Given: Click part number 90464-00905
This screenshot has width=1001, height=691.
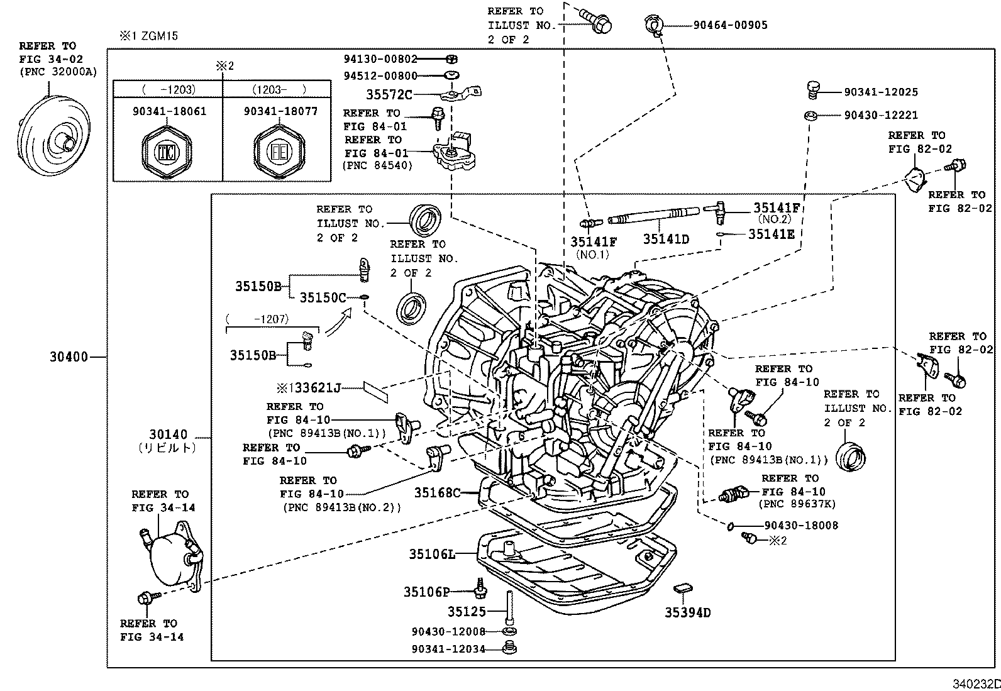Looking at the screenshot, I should tap(730, 25).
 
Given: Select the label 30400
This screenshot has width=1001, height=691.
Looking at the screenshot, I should tap(69, 357).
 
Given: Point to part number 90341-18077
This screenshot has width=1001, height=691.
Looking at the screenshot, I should tap(280, 111).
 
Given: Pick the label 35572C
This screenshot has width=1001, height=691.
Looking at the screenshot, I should tap(389, 95).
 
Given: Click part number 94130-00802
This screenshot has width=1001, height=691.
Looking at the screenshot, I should tap(380, 59).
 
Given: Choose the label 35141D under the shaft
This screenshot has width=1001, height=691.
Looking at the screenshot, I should tap(666, 240).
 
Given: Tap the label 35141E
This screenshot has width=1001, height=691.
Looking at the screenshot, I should tap(771, 234).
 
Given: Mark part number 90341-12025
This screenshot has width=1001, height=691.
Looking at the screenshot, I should tap(881, 92).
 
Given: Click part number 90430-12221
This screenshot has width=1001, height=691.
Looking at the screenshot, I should tap(881, 115).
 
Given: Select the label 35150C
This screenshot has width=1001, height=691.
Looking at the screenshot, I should tap(323, 297).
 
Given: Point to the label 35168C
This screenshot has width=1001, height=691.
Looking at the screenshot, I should tap(437, 492).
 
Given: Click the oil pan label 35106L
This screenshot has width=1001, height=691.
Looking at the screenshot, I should tap(432, 554).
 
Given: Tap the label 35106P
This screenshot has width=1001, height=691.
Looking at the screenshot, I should tap(427, 592).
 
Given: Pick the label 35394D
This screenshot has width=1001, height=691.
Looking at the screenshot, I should tap(688, 612).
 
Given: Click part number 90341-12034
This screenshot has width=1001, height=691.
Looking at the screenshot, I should tap(449, 649).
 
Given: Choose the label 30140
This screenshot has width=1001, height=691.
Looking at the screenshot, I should tap(169, 435).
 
